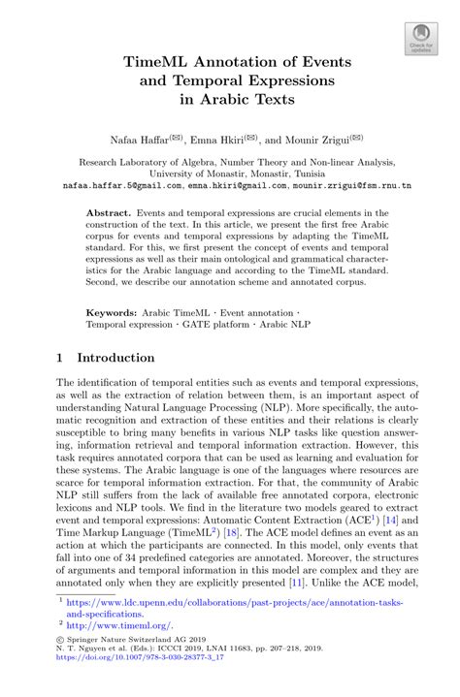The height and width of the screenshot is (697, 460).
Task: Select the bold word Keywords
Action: [111, 313]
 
